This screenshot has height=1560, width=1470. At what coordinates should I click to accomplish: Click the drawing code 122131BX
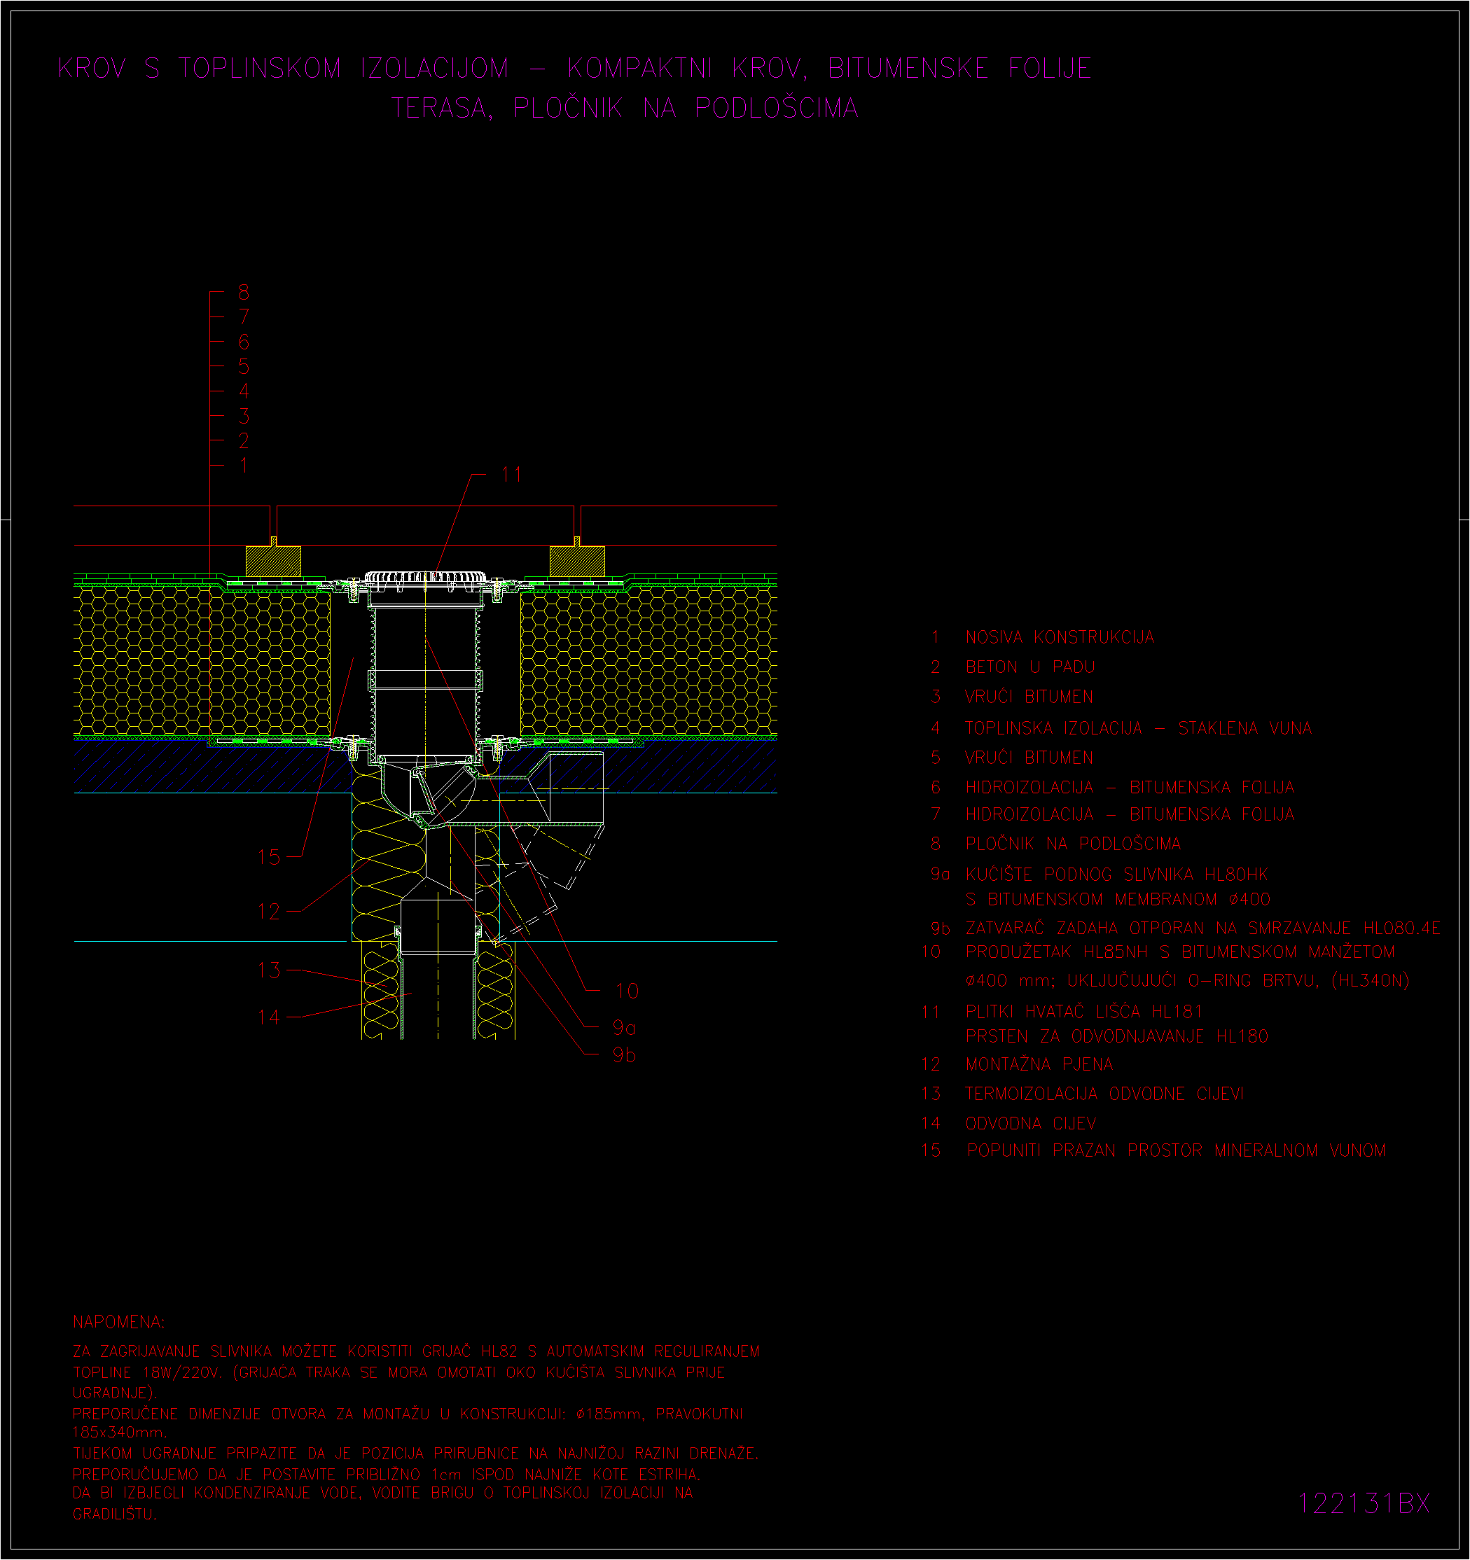click(1364, 1503)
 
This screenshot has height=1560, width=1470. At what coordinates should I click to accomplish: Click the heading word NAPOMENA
click(118, 1322)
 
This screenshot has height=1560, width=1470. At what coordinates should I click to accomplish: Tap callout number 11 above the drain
click(512, 475)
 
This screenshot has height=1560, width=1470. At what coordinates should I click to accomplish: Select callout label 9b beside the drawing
click(624, 1054)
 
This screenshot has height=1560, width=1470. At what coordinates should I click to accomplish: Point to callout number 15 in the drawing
click(268, 857)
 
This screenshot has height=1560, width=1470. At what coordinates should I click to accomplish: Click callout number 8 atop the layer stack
click(244, 292)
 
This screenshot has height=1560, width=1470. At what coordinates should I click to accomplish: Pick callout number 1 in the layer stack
click(244, 466)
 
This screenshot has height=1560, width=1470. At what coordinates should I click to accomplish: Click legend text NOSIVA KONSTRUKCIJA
click(1060, 637)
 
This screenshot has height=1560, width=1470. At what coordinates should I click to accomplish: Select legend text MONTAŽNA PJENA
click(1039, 1064)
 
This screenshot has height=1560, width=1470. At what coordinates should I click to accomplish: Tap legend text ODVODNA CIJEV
click(1030, 1124)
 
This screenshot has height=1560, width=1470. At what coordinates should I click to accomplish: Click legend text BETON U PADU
click(1029, 667)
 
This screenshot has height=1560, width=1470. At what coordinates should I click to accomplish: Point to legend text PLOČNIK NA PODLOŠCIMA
click(1073, 844)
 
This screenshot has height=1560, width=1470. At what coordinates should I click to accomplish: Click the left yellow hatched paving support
click(273, 560)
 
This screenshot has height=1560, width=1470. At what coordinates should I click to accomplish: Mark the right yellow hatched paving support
click(577, 560)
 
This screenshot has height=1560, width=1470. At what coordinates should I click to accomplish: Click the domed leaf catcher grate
click(424, 580)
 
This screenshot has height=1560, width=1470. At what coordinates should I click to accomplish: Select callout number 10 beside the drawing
click(626, 991)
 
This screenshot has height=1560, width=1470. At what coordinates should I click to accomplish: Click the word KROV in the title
click(92, 69)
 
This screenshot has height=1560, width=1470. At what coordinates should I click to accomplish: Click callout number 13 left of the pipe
click(268, 970)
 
